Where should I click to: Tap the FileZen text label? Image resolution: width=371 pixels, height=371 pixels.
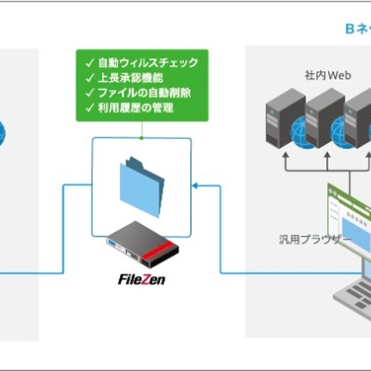pos(141,279)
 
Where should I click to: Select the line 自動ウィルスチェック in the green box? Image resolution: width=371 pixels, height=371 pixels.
pos(147,62)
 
